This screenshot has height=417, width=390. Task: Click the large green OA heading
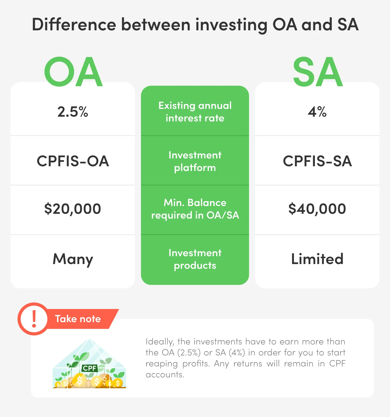tap(73, 72)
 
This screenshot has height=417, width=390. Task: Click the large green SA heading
tap(317, 72)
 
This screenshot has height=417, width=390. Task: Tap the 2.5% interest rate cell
tap(73, 112)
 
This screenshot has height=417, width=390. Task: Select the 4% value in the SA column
tap(317, 112)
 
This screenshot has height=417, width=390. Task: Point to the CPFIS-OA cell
tap(73, 161)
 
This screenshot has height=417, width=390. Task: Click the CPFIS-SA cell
tap(317, 161)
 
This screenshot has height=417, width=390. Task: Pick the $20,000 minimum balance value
tap(73, 209)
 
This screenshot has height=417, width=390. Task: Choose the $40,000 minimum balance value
tap(317, 209)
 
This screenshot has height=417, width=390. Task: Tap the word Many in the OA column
tap(73, 259)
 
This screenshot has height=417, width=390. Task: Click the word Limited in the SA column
tap(317, 259)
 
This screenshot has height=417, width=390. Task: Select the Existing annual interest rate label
tap(195, 112)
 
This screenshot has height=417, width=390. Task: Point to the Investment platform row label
tap(195, 161)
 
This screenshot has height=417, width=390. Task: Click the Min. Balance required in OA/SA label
tap(195, 209)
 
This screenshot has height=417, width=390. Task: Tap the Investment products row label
tap(195, 259)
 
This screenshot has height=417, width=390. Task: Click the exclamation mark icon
tap(34, 319)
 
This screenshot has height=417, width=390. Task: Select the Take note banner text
tap(78, 319)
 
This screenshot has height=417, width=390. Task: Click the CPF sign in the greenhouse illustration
tap(90, 368)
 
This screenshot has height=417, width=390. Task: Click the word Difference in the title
tap(74, 25)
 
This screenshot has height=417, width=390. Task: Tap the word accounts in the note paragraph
tap(165, 375)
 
